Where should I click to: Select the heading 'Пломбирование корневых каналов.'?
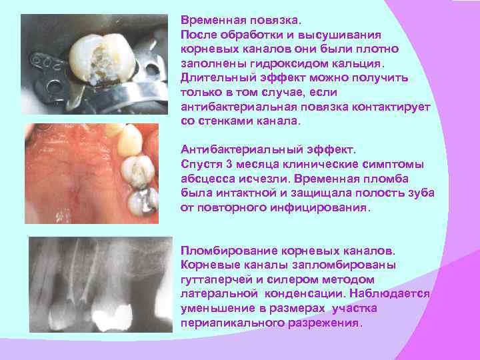coord(288,251)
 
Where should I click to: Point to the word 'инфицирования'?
coord(326,207)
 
